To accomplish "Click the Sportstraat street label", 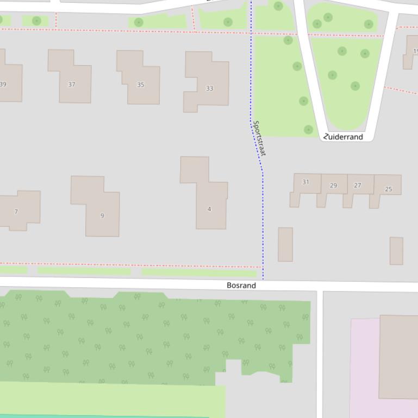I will coord(259,138).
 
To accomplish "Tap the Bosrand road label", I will coord(241,285).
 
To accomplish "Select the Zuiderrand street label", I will coord(344,137).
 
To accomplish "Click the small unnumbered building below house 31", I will coord(285,244).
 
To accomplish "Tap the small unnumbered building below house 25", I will coord(396,251).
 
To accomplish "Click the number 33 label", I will coord(210,88).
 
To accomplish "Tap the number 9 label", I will coord(102,216).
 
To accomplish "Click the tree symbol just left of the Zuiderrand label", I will coord(308,129).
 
